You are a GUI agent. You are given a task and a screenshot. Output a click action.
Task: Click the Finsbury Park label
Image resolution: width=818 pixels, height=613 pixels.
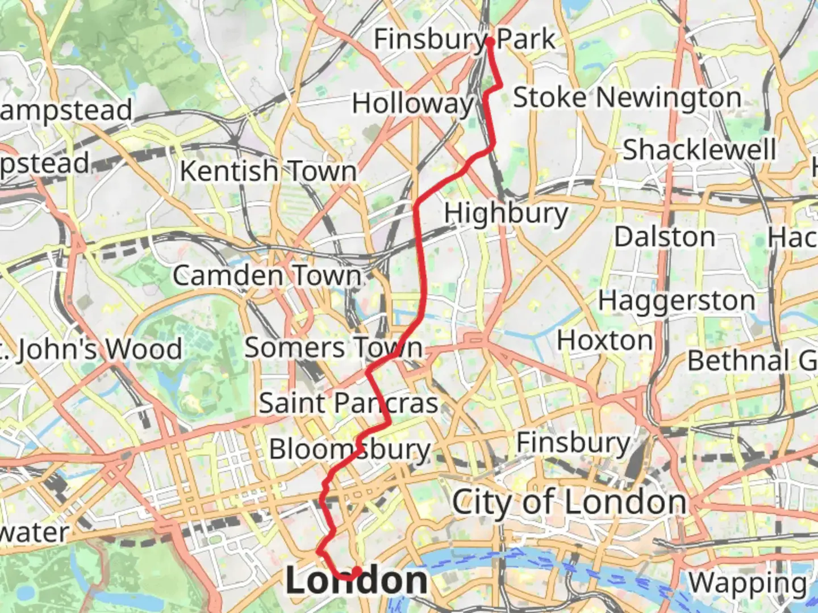[464, 39]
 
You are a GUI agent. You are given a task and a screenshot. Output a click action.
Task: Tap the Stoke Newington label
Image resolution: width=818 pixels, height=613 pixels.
[627, 98]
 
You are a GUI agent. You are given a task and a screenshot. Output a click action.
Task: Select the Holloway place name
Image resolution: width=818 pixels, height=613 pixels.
[412, 104]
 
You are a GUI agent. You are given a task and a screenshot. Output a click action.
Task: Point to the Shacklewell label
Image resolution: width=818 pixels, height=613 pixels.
[699, 150]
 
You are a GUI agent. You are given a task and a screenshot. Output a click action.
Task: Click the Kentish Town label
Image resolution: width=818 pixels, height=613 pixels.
[268, 171]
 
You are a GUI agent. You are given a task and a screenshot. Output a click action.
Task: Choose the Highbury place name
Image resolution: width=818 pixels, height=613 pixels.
[506, 213]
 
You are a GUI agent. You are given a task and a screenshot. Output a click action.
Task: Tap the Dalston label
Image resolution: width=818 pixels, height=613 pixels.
[665, 237]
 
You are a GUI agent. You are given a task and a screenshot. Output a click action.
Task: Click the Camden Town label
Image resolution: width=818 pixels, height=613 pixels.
[267, 276]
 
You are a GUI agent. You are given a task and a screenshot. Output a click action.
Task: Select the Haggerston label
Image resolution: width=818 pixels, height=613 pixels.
[676, 301]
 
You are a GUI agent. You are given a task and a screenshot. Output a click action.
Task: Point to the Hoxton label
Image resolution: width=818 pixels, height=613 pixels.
[605, 341]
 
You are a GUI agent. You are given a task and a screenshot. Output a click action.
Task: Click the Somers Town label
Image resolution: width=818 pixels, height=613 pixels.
[333, 347]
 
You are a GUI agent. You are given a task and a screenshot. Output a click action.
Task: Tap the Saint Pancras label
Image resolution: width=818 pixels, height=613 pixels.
[348, 403]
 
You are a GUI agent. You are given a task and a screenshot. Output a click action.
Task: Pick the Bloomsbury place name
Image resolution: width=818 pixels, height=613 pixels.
[349, 450]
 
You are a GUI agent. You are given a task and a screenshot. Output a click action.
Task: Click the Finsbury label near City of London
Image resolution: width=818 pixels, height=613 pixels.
[573, 443]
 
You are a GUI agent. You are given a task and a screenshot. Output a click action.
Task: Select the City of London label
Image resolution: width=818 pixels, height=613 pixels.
[569, 503]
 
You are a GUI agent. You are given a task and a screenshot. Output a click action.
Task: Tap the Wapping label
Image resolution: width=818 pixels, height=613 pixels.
[748, 583]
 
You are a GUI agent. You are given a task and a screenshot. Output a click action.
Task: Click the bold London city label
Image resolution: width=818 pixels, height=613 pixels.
[356, 581]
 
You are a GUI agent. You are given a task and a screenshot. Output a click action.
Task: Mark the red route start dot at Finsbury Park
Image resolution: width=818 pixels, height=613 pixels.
[490, 41]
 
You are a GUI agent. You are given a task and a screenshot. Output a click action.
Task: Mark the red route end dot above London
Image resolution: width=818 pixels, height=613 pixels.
[357, 570]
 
